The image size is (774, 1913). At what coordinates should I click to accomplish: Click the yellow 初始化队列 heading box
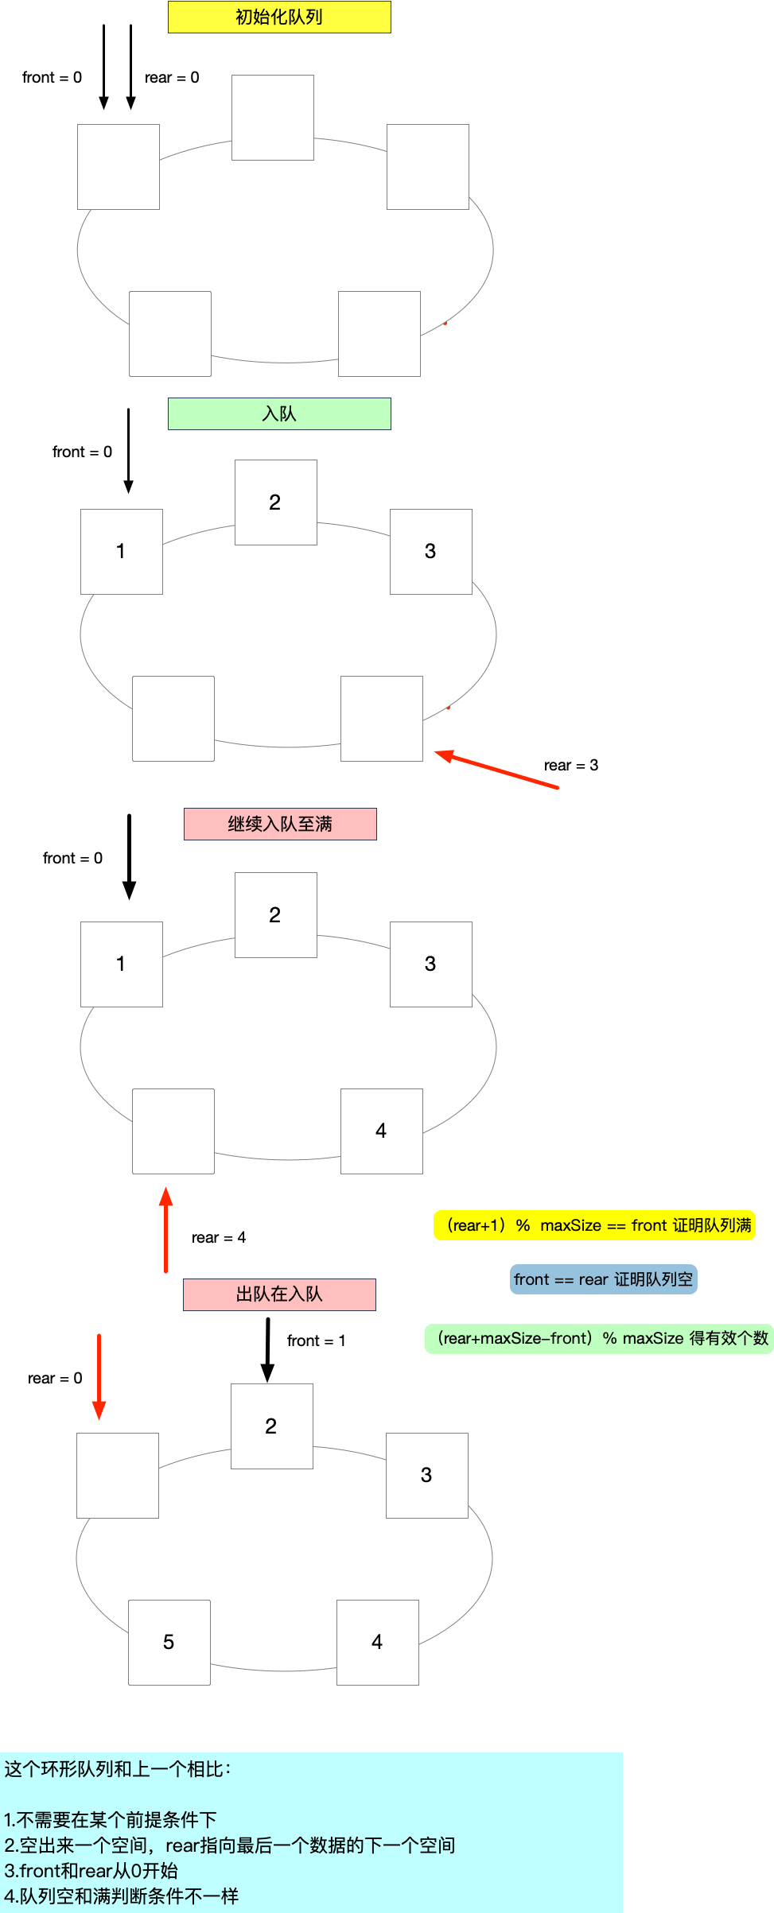[279, 17]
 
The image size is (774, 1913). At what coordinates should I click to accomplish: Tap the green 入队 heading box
[279, 413]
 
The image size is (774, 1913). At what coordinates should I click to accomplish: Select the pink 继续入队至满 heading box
[280, 824]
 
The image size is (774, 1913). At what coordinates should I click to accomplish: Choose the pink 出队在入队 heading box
[279, 1294]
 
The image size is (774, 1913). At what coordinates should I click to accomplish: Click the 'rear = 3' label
[570, 765]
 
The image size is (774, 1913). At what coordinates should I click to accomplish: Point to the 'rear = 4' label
[218, 1237]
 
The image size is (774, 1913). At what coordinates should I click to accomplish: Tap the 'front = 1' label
[316, 1341]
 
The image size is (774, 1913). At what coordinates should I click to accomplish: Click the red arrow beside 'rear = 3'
[496, 769]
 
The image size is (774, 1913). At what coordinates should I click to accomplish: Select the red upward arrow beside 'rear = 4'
[165, 1229]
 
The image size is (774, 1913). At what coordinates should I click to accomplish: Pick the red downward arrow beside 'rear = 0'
[99, 1376]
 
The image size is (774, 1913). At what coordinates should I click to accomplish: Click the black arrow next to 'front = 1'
[268, 1349]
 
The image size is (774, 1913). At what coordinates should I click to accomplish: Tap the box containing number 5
[169, 1642]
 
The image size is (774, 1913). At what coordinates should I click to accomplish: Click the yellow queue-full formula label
[594, 1225]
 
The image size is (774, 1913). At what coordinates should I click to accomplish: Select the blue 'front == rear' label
[603, 1279]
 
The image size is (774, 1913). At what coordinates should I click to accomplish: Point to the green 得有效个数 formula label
[599, 1338]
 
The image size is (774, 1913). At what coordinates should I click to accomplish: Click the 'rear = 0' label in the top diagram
[171, 77]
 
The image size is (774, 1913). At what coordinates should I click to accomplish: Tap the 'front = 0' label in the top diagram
[52, 77]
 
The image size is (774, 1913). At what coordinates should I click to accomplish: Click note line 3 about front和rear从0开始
[91, 1870]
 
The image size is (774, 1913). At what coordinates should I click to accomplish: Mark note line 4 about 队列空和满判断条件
[122, 1896]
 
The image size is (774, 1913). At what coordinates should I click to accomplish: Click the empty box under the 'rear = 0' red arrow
[118, 1475]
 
